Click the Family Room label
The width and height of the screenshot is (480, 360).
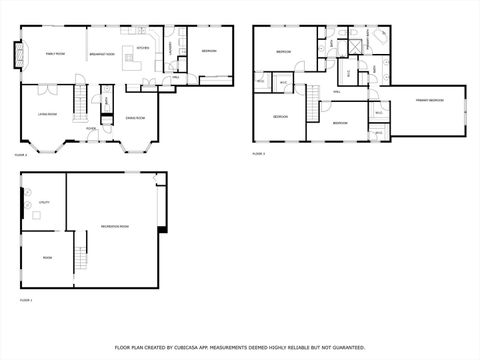[x=53, y=53]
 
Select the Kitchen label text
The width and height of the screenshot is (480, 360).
[x=143, y=47]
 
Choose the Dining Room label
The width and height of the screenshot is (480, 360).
[x=136, y=118]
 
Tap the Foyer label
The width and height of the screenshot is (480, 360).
[x=90, y=128]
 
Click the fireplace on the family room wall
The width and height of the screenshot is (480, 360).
[x=17, y=53]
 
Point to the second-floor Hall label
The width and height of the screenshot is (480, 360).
[x=336, y=91]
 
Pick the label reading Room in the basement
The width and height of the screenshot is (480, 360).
[x=47, y=257]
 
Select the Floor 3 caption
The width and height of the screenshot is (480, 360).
[x=258, y=154]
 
